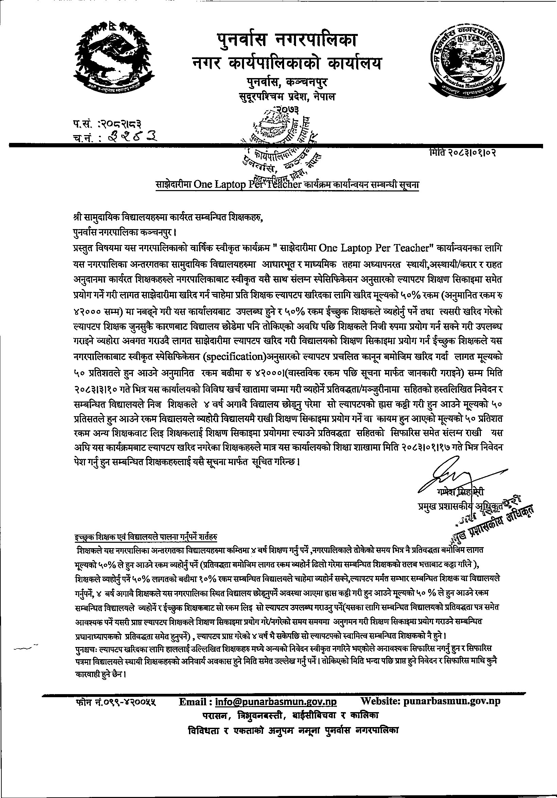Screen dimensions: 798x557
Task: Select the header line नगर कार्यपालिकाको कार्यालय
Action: [x=287, y=63]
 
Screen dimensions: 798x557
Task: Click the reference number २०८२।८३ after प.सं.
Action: [x=121, y=123]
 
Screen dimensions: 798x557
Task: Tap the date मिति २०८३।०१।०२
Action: [x=463, y=152]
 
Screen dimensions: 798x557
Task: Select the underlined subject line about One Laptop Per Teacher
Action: [x=287, y=185]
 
